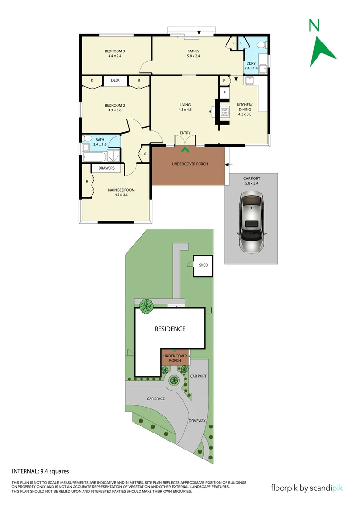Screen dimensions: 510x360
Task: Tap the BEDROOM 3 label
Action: (x=115, y=51)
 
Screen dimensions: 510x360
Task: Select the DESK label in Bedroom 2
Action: (x=116, y=81)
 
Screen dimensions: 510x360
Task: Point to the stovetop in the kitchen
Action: (x=225, y=112)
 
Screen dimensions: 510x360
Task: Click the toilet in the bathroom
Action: (x=87, y=139)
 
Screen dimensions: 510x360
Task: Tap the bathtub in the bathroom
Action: (x=92, y=156)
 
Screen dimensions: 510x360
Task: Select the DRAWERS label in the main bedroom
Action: (x=107, y=168)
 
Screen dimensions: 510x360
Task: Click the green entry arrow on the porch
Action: (x=185, y=150)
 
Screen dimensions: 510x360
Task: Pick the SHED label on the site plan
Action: (x=203, y=265)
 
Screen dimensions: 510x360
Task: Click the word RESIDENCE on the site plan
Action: (x=170, y=329)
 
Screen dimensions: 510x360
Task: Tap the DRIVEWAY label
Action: (x=197, y=420)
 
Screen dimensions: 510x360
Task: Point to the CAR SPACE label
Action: (x=155, y=399)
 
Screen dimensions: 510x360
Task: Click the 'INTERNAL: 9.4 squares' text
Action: (x=41, y=471)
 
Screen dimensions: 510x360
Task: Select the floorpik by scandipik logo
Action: (x=307, y=488)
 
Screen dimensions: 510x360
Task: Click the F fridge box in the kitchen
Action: (x=225, y=93)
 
